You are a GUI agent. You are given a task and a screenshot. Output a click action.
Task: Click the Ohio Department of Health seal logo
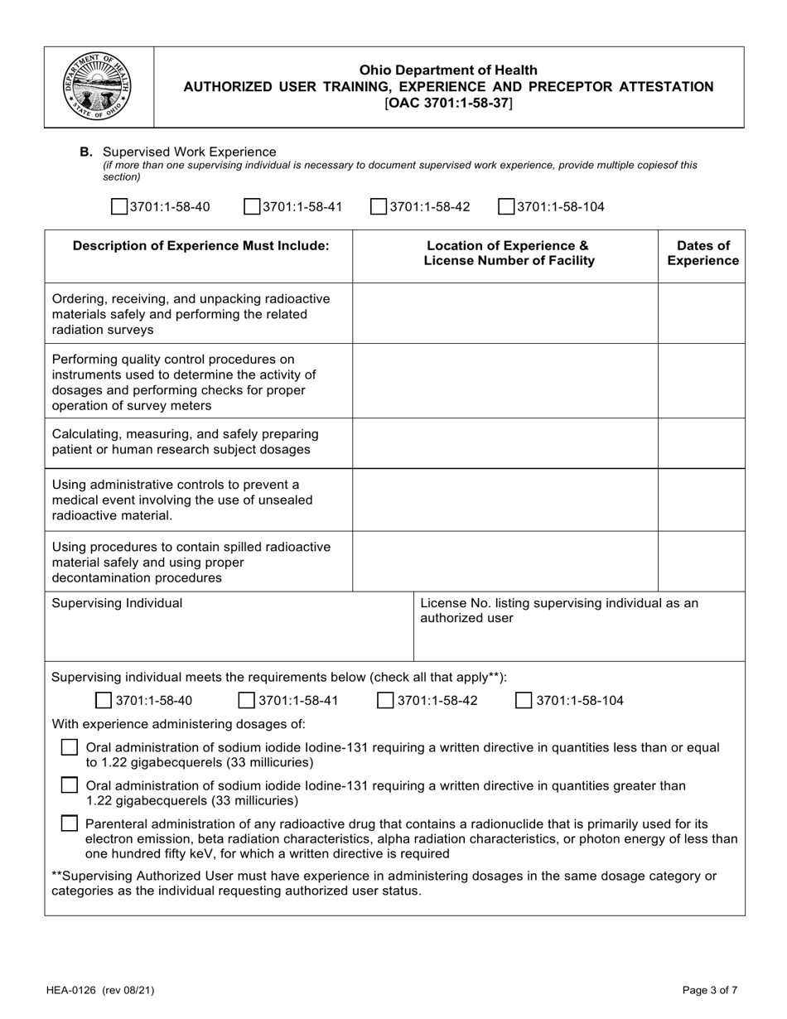(97, 87)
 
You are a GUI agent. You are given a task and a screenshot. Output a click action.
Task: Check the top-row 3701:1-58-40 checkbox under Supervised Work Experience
(119, 206)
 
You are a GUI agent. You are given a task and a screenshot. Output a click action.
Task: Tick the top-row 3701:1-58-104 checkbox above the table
(506, 206)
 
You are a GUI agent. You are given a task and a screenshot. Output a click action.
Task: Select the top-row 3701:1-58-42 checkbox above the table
(379, 206)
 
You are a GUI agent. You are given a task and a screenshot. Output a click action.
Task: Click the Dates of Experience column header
(703, 254)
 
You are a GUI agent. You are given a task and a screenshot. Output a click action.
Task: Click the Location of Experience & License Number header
(509, 254)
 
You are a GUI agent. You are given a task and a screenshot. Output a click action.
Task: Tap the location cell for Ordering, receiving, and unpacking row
(505, 314)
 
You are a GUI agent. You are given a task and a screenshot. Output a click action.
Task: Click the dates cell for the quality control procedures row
(703, 382)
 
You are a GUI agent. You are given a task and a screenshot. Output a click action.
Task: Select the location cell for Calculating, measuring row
(505, 442)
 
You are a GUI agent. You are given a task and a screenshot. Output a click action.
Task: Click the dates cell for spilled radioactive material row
(703, 561)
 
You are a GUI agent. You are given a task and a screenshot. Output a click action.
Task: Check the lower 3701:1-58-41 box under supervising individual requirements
(247, 701)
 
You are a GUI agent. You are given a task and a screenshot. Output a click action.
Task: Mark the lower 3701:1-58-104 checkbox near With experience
(524, 701)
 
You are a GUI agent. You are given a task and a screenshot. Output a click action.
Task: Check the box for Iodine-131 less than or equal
(70, 747)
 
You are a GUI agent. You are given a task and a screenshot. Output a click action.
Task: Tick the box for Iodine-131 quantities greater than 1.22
(70, 785)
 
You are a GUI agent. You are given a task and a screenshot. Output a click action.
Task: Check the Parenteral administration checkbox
(70, 823)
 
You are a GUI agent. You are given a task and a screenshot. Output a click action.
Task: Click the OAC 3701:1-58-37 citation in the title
(448, 103)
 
